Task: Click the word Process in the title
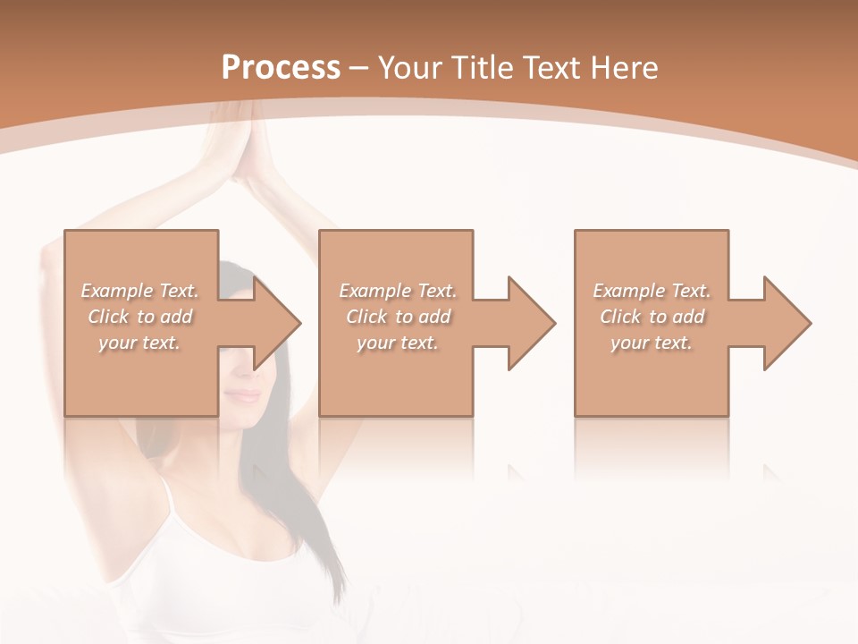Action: coord(281,68)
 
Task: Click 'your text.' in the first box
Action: coord(139,343)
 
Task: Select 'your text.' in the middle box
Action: coord(397,343)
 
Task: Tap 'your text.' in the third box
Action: coord(652,343)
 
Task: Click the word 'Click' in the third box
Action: coord(620,317)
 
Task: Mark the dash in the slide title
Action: coord(358,68)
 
